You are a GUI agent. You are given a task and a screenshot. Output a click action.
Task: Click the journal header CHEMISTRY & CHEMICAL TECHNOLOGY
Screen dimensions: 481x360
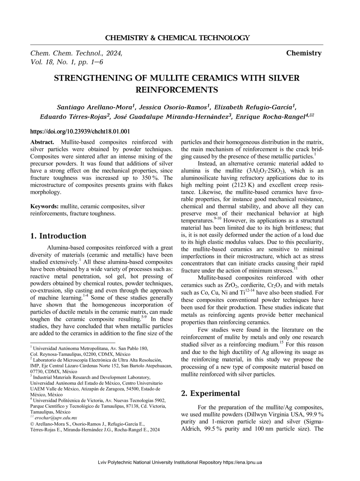point(177,38)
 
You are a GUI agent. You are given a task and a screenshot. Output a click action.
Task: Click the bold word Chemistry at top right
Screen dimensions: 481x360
point(304,53)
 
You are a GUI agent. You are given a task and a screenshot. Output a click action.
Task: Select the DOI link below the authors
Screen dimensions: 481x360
point(80,131)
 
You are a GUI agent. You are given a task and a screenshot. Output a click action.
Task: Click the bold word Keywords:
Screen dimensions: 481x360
point(45,207)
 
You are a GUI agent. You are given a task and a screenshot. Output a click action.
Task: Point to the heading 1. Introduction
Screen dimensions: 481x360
point(58,236)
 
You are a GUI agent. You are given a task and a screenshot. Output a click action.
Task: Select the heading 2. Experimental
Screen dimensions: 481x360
point(210,393)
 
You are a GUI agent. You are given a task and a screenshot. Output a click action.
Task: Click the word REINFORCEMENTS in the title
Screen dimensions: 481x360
point(177,90)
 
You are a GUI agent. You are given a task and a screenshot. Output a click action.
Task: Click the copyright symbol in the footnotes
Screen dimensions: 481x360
point(33,424)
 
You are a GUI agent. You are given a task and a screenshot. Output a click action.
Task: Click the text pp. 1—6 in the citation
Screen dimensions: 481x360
point(88,62)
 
